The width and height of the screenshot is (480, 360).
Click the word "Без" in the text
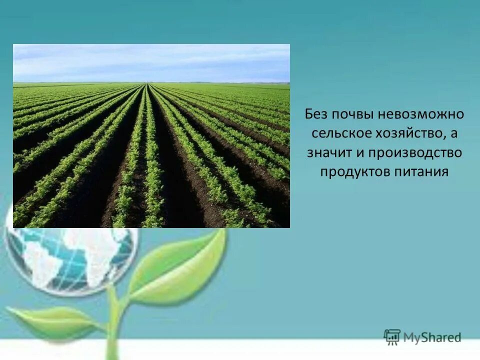(x=316, y=114)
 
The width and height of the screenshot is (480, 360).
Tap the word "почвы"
(x=350, y=114)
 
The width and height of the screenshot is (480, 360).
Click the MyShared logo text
(x=432, y=337)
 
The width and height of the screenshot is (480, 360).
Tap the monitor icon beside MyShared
(x=392, y=336)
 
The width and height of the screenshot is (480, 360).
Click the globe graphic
(x=70, y=260)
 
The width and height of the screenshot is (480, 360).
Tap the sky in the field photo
(x=150, y=62)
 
